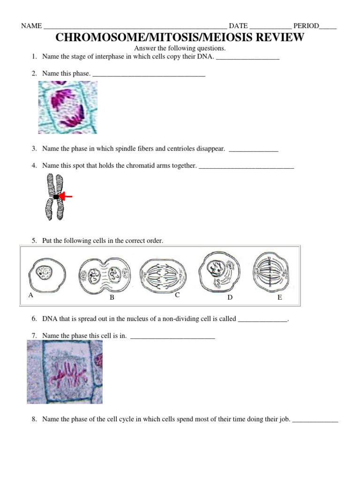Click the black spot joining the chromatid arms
[56, 197]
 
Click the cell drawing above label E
[273, 271]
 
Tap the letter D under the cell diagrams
[230, 297]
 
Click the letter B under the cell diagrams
[112, 298]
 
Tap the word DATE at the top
[238, 26]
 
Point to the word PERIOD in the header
[306, 26]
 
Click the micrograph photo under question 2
[68, 107]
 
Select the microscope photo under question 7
[65, 372]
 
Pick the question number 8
[34, 419]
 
